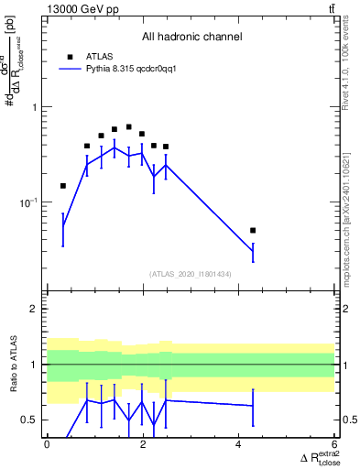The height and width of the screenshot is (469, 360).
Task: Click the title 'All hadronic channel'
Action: click(x=191, y=38)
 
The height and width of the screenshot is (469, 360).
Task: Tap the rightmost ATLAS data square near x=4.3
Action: click(x=253, y=230)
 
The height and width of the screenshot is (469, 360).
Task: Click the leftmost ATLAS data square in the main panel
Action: click(x=62, y=186)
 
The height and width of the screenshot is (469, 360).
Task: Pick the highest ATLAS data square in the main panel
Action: click(x=128, y=126)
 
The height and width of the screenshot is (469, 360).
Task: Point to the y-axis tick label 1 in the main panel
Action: click(x=34, y=107)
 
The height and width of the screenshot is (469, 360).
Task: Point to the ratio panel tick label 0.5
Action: click(x=29, y=420)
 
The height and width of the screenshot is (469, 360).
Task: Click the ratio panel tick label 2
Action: click(x=34, y=309)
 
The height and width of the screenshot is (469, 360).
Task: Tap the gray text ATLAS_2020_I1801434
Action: click(x=191, y=274)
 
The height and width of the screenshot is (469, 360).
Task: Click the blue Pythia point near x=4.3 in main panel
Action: click(x=253, y=250)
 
